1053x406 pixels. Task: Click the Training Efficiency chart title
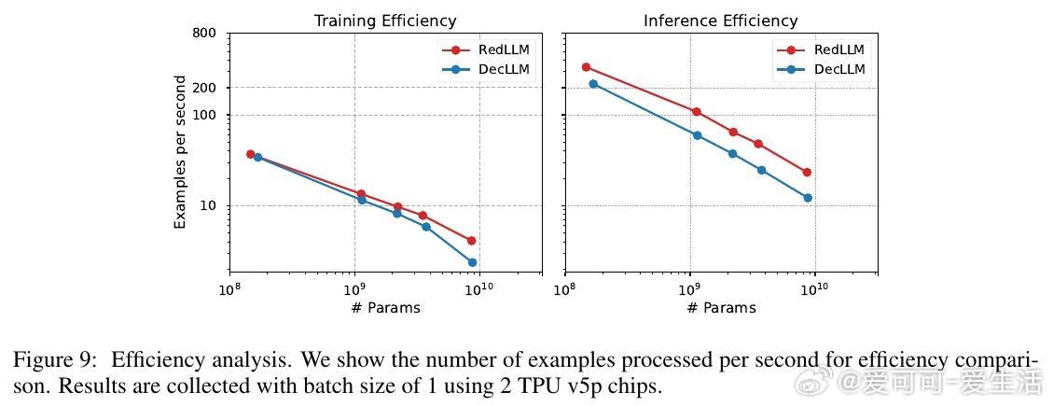385,20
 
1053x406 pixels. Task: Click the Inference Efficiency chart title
720,20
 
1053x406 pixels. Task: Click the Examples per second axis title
180,152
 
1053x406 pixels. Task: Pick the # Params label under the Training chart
385,307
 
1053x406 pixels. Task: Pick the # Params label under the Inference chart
720,307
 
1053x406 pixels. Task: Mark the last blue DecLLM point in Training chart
472,262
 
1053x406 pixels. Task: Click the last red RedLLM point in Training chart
471,241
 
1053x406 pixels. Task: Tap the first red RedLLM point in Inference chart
586,67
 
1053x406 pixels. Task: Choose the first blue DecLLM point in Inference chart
593,84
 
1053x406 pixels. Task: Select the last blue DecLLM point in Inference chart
808,198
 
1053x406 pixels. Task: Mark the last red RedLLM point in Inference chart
807,173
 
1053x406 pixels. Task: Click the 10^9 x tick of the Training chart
354,288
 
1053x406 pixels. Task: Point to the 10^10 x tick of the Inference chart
814,288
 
